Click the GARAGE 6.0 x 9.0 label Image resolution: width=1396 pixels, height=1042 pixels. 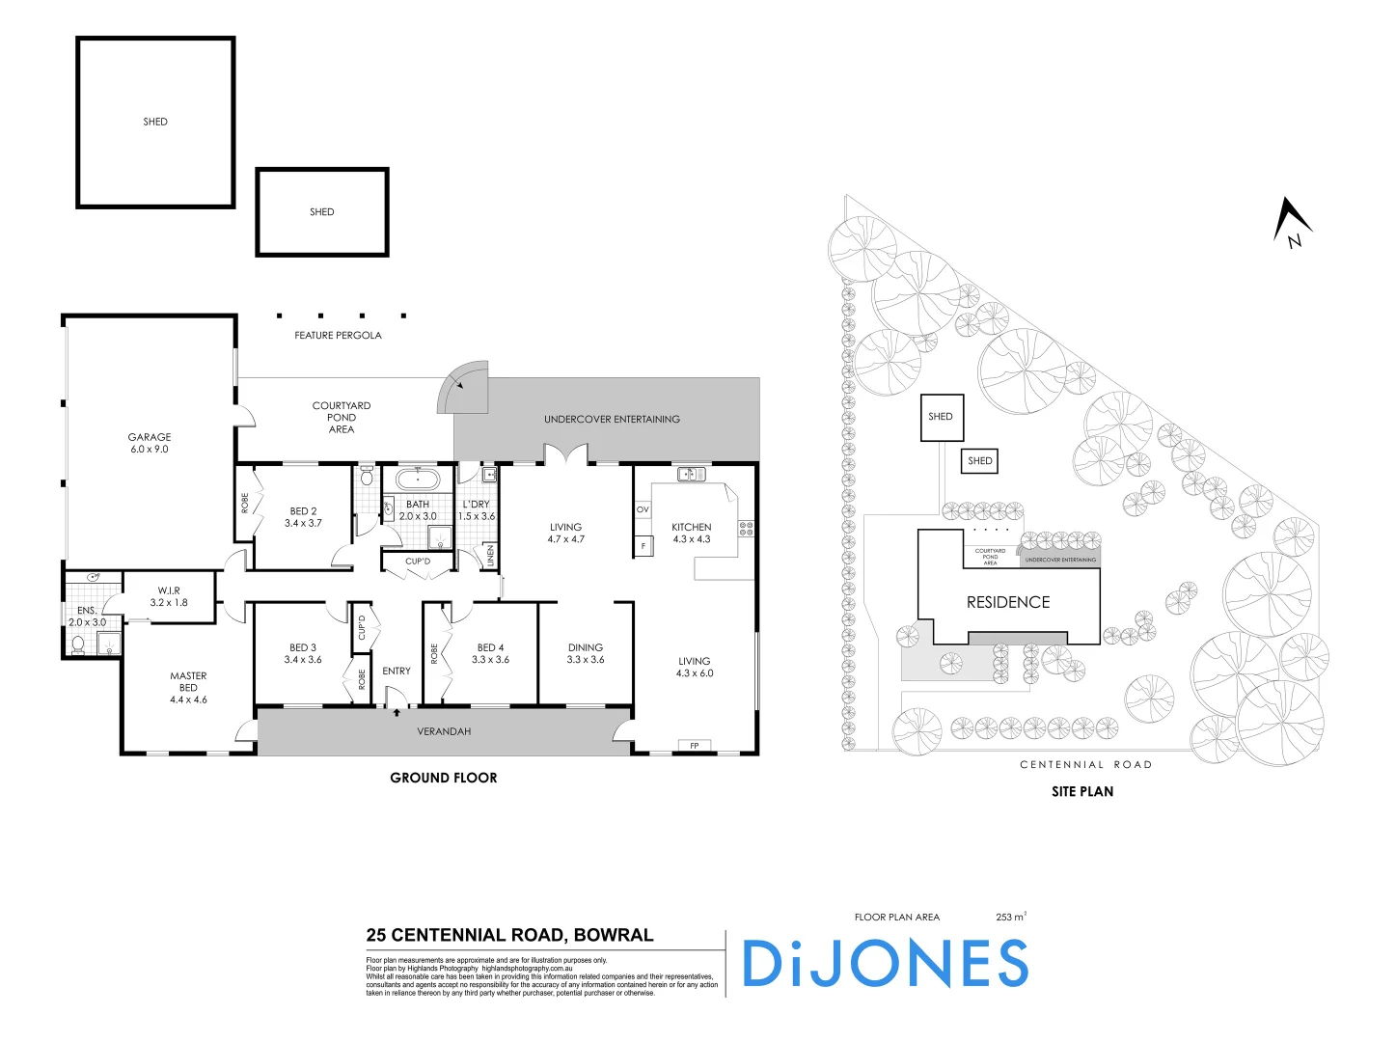coord(150,443)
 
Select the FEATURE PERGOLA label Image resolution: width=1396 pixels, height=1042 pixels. coord(338,336)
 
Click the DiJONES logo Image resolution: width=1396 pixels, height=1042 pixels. coord(885,963)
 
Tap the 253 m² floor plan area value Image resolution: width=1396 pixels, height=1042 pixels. coord(1010,917)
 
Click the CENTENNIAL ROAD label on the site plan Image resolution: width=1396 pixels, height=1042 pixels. coord(1085,765)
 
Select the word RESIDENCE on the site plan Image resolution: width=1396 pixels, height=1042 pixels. coord(1008,602)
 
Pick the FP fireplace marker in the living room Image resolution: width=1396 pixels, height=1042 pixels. coord(694,746)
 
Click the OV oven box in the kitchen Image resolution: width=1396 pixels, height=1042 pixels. coord(643,509)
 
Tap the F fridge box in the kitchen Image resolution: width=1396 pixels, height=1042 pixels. coord(643,546)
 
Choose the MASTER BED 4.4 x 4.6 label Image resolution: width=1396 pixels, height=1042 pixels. coord(188,688)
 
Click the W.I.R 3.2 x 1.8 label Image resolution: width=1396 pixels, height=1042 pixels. coord(169,596)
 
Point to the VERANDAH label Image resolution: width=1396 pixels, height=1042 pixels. coord(444,731)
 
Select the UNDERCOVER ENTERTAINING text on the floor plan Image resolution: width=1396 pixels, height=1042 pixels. coord(612,420)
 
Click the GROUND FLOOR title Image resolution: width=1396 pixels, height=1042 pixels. coord(444,778)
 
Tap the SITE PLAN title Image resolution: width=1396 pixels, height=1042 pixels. coord(1082,791)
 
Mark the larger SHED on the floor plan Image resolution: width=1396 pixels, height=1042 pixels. coord(155,123)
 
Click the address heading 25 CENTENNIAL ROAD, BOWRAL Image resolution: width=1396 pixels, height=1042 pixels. coord(509,935)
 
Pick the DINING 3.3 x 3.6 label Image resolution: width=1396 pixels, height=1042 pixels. coord(586,653)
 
